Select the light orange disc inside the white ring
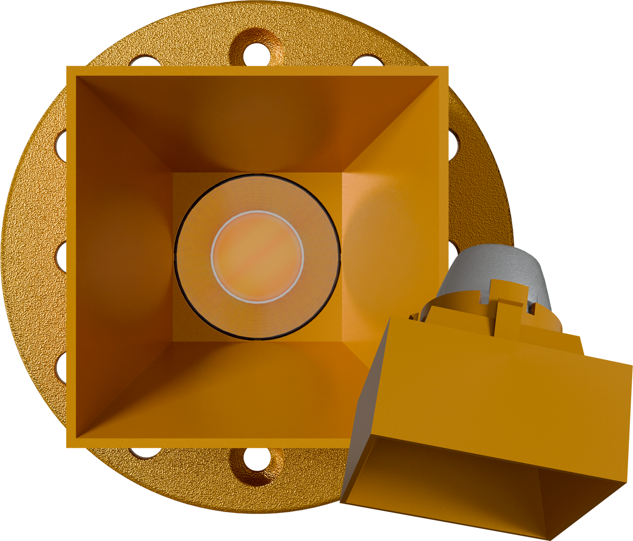(x=258, y=257)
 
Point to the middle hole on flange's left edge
(x=61, y=254)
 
